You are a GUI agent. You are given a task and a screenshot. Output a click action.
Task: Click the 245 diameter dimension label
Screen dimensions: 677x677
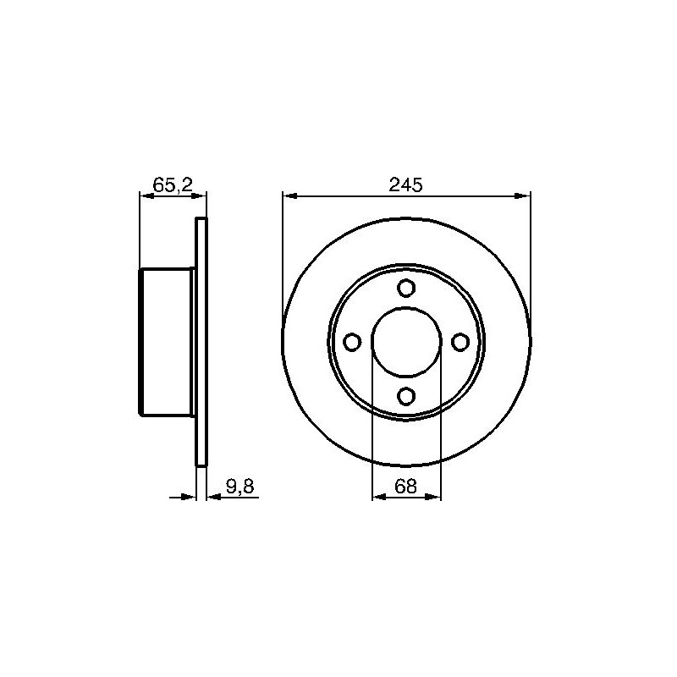tap(405, 184)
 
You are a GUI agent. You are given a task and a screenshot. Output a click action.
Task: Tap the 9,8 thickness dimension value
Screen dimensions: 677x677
tap(240, 487)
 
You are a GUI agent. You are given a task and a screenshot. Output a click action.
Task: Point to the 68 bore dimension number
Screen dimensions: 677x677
tap(406, 487)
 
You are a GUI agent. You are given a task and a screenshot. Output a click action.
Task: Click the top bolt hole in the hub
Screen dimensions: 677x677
tap(406, 288)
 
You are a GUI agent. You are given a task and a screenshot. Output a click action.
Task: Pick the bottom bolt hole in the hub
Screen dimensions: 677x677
tap(406, 396)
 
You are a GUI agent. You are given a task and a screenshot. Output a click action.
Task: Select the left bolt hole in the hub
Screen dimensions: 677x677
tap(352, 342)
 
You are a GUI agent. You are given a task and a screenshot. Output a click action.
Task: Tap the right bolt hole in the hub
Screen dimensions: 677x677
tap(460, 342)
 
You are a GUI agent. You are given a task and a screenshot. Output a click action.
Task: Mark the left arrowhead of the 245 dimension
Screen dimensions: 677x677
tap(290, 196)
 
